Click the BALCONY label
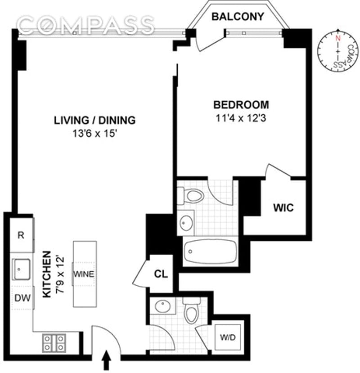(x=238, y=16)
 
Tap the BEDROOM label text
(x=241, y=105)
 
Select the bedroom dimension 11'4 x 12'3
(x=241, y=118)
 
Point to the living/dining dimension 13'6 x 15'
(x=94, y=134)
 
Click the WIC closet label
(x=283, y=208)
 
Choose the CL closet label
(x=161, y=274)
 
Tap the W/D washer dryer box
(x=228, y=337)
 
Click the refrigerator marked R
(x=22, y=235)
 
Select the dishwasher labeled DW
(x=22, y=298)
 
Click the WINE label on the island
(x=84, y=274)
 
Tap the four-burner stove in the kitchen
(x=54, y=343)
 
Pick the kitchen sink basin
(x=22, y=269)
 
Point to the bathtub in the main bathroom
(x=211, y=251)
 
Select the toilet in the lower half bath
(x=192, y=310)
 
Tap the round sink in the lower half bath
(x=162, y=306)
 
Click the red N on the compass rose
(x=337, y=38)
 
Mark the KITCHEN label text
(x=47, y=274)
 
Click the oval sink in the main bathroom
(x=186, y=223)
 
